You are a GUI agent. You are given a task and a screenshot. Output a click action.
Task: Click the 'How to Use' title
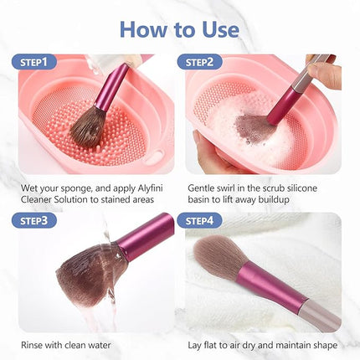[179, 28]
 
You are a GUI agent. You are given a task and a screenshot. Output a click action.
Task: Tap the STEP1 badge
[34, 62]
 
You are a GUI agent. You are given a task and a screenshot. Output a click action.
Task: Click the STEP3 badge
[34, 221]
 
